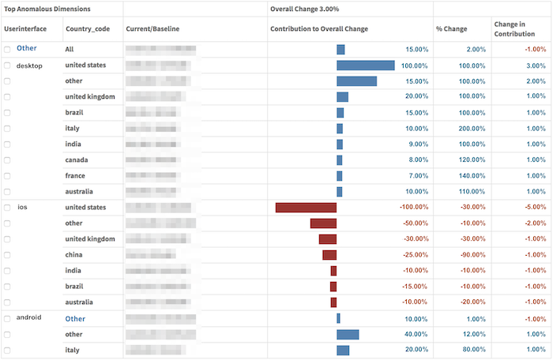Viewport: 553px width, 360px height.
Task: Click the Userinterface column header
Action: coord(25,29)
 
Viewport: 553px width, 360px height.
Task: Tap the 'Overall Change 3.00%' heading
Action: coord(307,9)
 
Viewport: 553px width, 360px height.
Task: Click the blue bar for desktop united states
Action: coord(365,66)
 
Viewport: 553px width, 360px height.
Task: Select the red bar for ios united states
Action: coord(306,208)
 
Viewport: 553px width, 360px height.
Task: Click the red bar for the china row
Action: coord(329,255)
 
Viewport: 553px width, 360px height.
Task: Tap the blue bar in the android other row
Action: coord(348,334)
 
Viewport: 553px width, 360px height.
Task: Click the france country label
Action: coord(78,176)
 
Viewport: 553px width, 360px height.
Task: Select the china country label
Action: coord(77,255)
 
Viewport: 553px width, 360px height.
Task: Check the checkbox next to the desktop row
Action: coord(7,66)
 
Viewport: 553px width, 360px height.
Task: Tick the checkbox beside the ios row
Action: coord(7,208)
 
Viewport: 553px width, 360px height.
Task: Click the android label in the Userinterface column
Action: coord(29,317)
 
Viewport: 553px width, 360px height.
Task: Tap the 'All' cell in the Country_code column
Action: coord(70,49)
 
